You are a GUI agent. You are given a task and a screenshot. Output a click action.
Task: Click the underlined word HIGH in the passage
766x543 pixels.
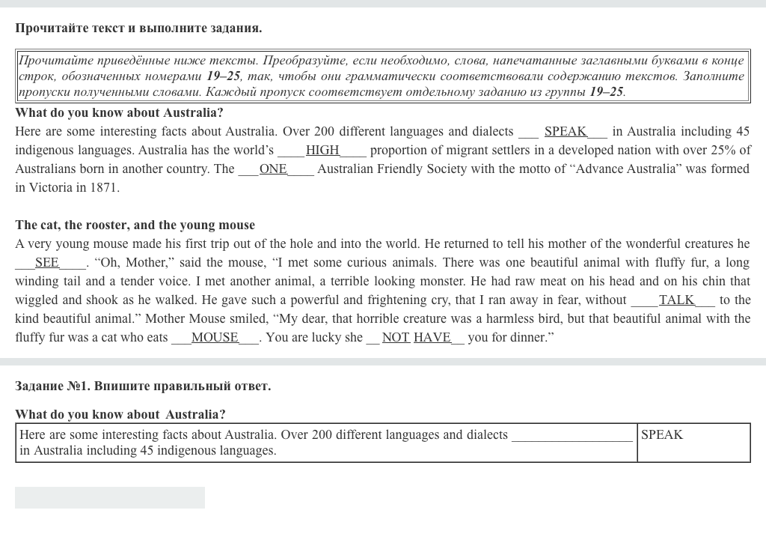(x=322, y=150)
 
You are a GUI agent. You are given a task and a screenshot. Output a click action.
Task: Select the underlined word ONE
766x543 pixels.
(x=273, y=169)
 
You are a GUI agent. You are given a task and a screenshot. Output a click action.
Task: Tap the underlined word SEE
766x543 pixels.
(x=46, y=262)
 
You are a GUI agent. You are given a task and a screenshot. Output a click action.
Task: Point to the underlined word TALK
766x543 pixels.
(x=676, y=300)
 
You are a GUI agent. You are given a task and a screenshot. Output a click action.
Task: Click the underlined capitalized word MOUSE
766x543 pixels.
(x=215, y=337)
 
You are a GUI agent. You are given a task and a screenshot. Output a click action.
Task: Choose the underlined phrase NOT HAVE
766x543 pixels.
(x=416, y=337)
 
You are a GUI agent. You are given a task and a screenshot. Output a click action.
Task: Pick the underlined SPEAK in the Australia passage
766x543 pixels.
(x=565, y=131)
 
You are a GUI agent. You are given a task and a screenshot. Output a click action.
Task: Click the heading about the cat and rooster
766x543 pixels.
(x=135, y=225)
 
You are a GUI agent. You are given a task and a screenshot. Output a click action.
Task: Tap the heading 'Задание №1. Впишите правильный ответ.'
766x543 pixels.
(x=143, y=386)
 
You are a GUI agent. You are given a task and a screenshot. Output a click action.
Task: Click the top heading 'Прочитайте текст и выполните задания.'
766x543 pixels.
(x=138, y=28)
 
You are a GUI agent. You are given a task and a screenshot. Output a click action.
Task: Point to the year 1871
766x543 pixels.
(x=104, y=187)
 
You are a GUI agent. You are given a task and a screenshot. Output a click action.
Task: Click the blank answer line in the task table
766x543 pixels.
(x=572, y=436)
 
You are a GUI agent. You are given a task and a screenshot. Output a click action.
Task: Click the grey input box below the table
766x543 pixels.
(x=110, y=497)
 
